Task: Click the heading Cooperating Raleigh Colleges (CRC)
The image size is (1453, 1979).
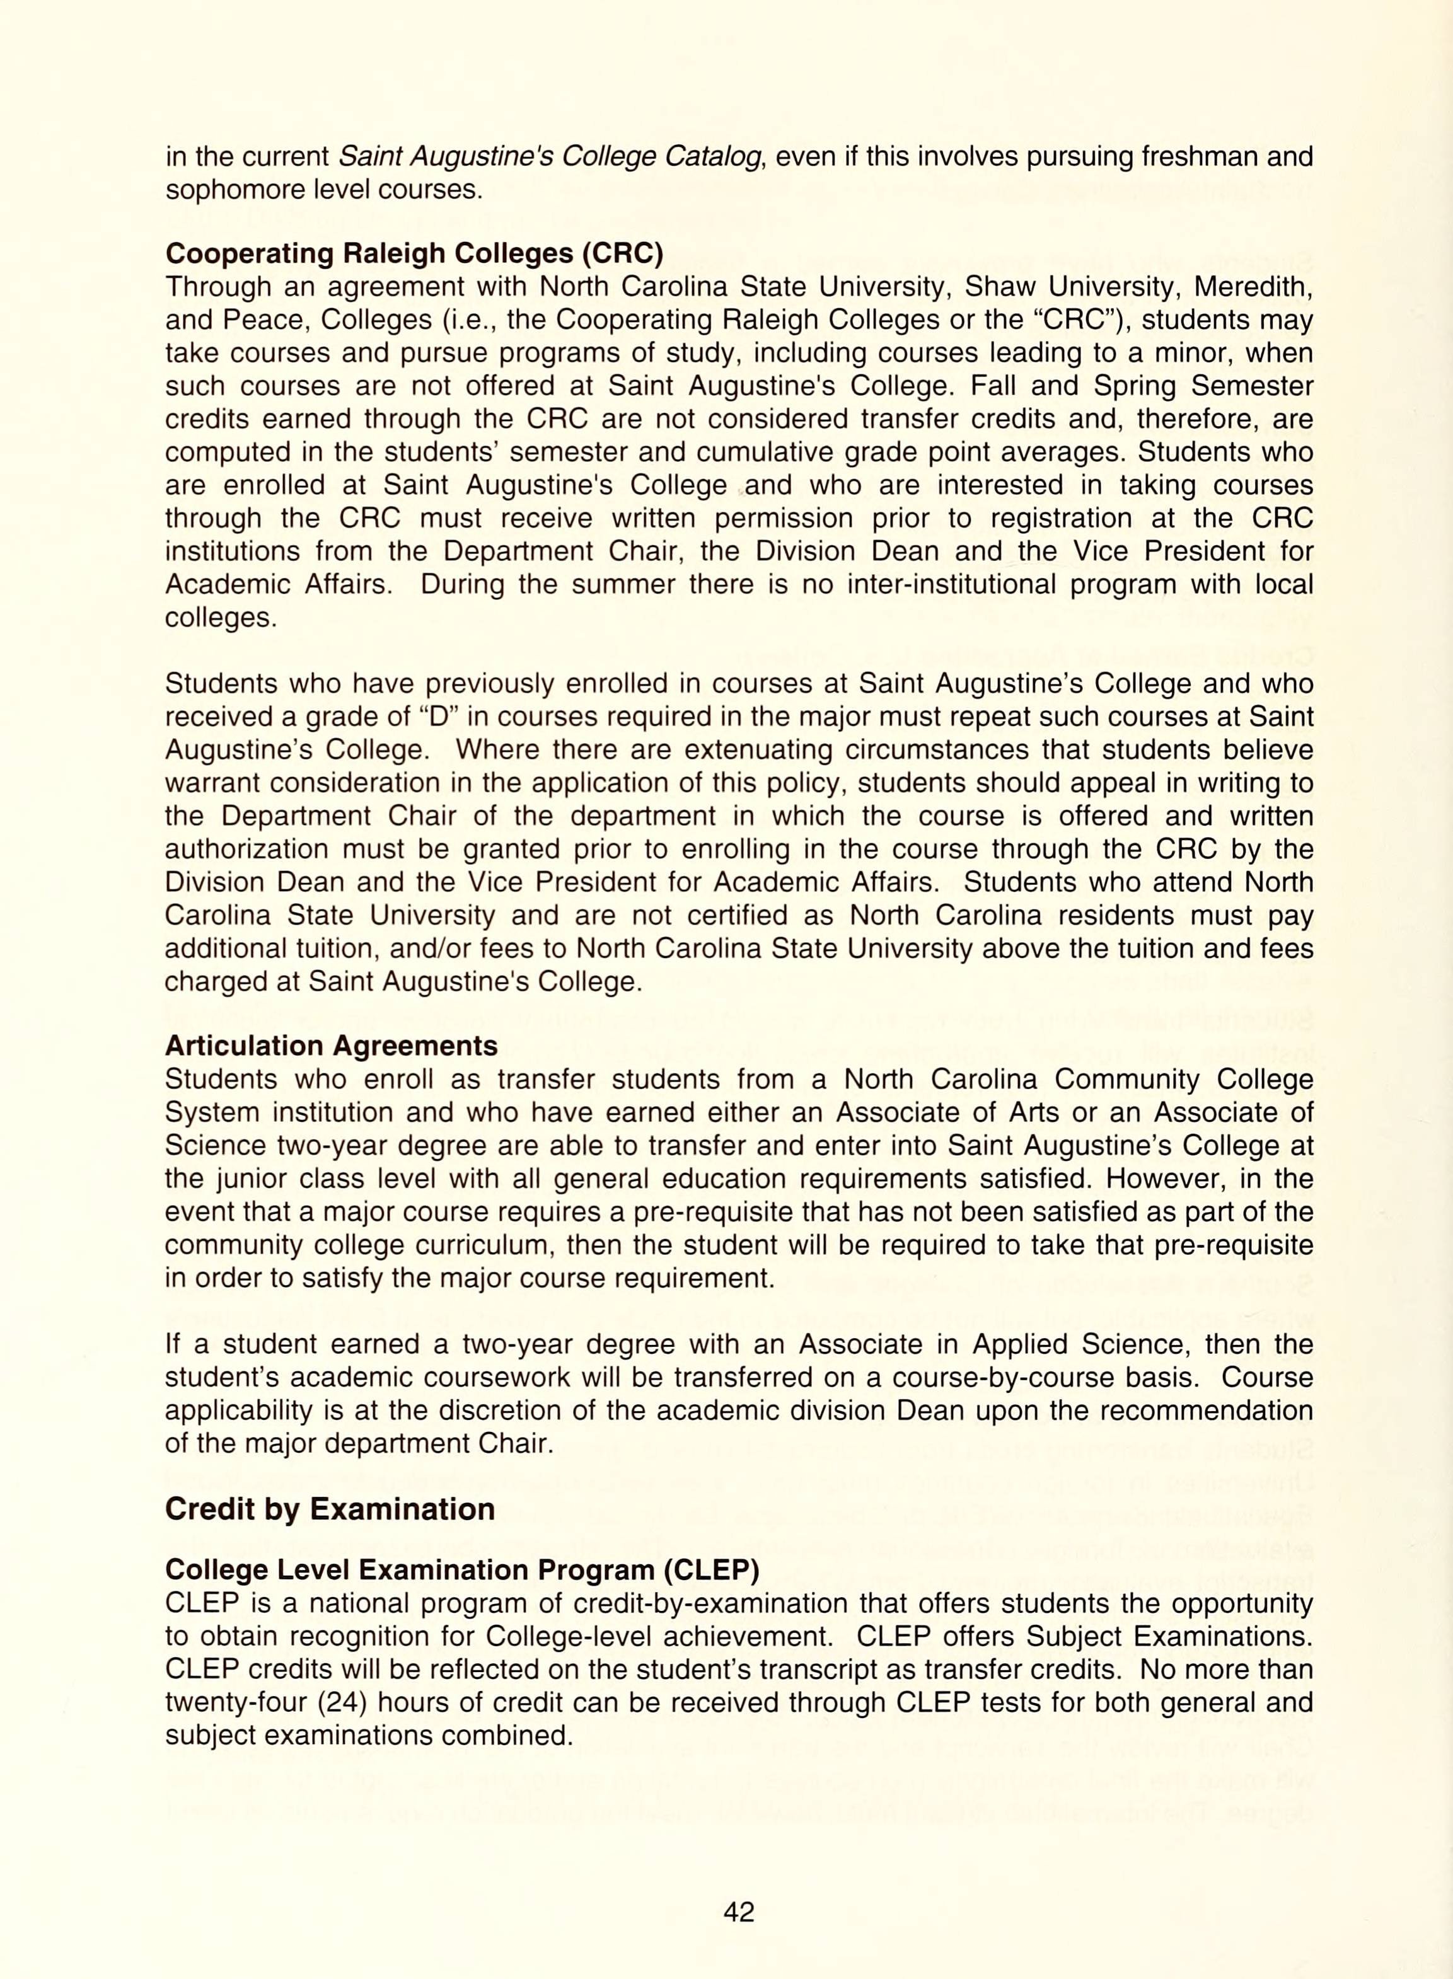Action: (414, 253)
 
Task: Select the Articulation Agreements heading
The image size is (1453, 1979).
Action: (331, 1046)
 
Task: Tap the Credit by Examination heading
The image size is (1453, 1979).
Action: (330, 1509)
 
